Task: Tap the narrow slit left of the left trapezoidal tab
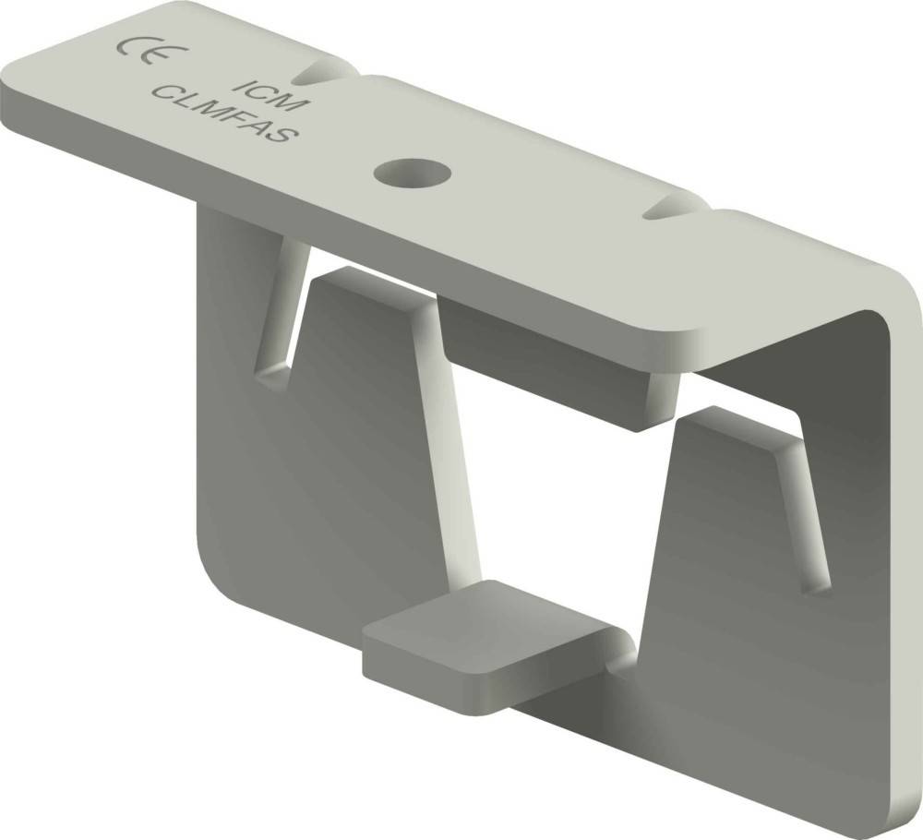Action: point(282,314)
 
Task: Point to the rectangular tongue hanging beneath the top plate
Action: point(563,369)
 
